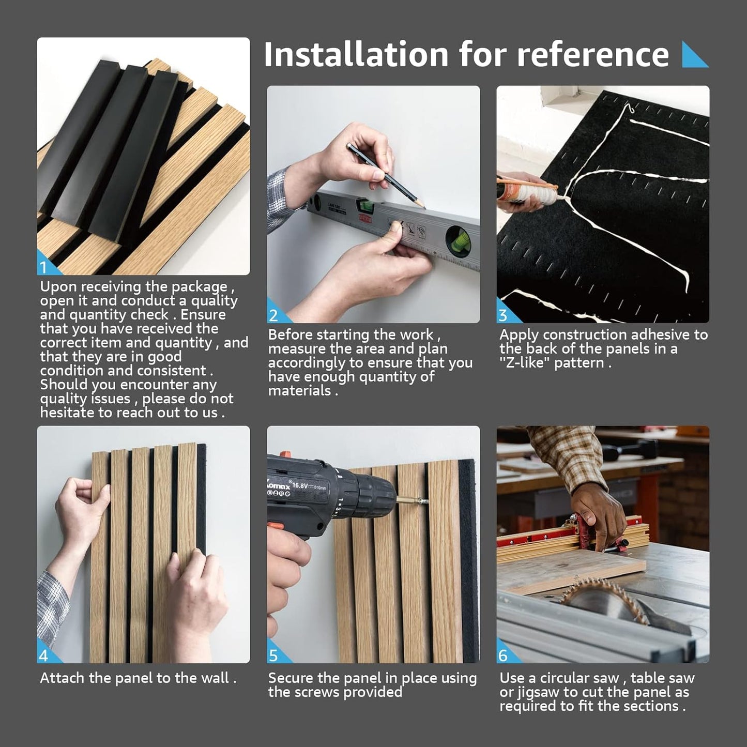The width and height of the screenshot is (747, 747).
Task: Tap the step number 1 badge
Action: pyautogui.click(x=45, y=267)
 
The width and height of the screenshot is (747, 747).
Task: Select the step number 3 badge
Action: pyautogui.click(x=503, y=315)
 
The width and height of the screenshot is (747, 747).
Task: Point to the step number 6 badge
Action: pyautogui.click(x=503, y=655)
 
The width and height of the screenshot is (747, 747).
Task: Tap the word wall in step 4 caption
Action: pyautogui.click(x=214, y=678)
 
